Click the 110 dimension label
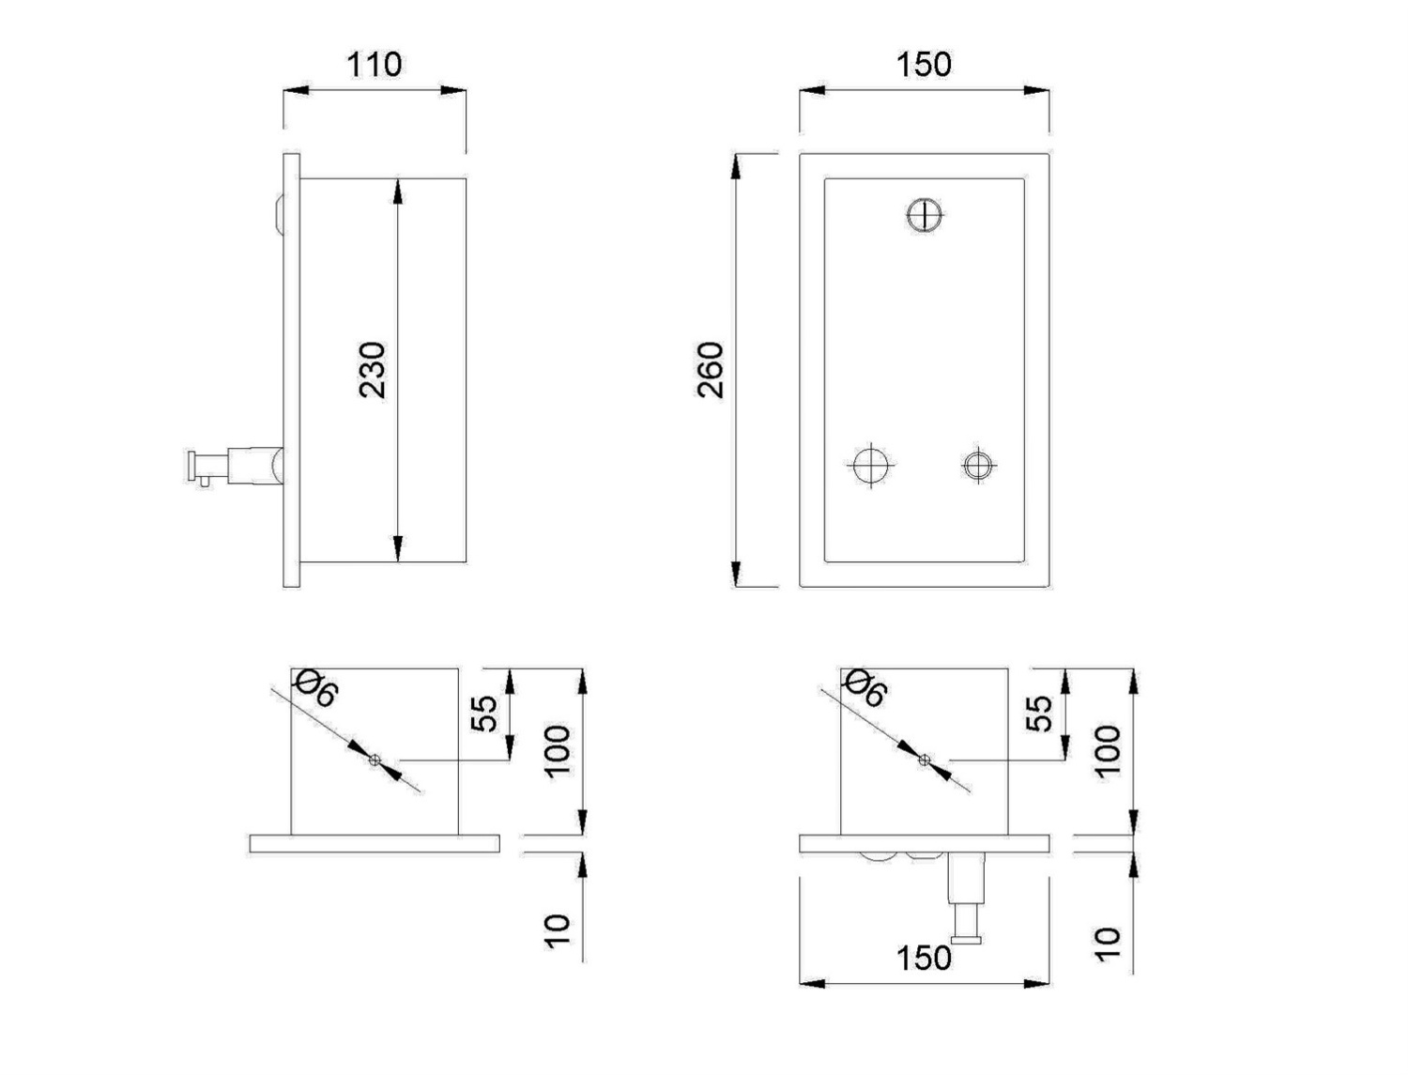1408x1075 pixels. pos(374,66)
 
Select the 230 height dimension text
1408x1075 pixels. pos(373,371)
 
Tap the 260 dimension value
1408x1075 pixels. pos(710,371)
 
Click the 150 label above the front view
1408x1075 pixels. pos(924,65)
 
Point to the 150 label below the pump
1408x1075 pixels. pos(924,959)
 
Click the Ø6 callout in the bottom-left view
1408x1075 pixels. pos(314,689)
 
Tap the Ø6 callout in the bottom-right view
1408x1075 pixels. pos(865,689)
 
